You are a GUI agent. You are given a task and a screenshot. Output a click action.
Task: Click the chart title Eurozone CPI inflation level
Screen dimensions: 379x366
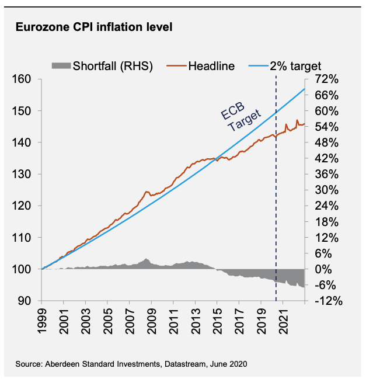93,27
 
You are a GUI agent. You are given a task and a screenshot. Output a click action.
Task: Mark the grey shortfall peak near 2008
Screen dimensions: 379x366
147,259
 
